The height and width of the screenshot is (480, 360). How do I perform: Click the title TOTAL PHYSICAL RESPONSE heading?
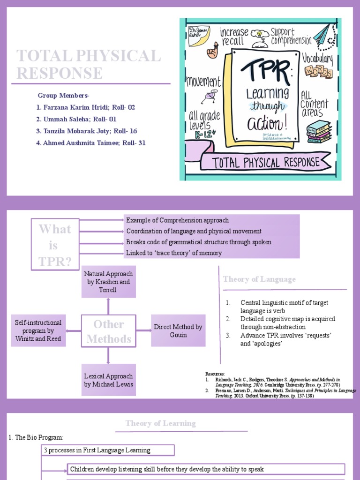tap(89, 64)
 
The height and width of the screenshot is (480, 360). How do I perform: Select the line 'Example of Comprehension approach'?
tap(177, 220)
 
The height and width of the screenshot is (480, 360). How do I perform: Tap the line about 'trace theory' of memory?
tap(174, 253)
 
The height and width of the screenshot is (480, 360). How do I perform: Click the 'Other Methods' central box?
tap(109, 331)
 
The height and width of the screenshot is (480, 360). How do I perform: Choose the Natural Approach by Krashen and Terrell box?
tap(108, 282)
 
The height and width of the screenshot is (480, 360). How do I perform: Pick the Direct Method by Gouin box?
tap(178, 331)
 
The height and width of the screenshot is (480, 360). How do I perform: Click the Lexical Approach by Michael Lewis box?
tap(108, 380)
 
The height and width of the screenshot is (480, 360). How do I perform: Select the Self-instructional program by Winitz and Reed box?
tap(38, 331)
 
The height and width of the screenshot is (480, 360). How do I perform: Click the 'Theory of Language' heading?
tap(259, 279)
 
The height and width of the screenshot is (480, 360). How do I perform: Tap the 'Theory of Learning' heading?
tap(160, 424)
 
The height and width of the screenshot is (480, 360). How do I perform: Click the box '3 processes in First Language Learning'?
tap(107, 450)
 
